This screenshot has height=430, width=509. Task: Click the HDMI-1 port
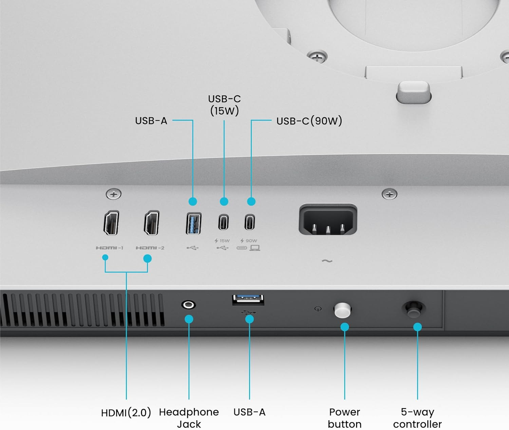pyautogui.click(x=111, y=223)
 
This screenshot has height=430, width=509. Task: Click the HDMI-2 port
pyautogui.click(x=152, y=223)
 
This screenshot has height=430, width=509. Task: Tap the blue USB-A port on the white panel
pyautogui.click(x=193, y=223)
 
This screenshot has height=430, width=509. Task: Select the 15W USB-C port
pyautogui.click(x=223, y=222)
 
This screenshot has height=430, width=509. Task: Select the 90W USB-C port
pyautogui.click(x=250, y=222)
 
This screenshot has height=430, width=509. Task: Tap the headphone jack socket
pyautogui.click(x=189, y=305)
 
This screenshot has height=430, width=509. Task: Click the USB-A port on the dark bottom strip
pyautogui.click(x=248, y=299)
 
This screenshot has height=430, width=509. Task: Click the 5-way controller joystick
pyautogui.click(x=414, y=309)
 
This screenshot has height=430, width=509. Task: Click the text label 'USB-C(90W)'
pyautogui.click(x=309, y=121)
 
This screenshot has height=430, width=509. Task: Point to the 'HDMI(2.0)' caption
pyautogui.click(x=126, y=413)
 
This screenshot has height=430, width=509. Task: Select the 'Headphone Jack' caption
pyautogui.click(x=189, y=418)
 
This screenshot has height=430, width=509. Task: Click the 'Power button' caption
pyautogui.click(x=344, y=418)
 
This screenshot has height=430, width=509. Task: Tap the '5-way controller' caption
pyautogui.click(x=417, y=418)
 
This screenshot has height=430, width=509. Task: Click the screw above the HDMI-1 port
pyautogui.click(x=113, y=194)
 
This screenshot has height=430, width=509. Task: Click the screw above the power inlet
pyautogui.click(x=389, y=194)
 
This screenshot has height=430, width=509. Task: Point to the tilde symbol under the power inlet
pyautogui.click(x=327, y=261)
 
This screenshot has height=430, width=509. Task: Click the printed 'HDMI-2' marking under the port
pyautogui.click(x=150, y=248)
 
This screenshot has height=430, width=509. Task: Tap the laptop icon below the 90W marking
pyautogui.click(x=255, y=248)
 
